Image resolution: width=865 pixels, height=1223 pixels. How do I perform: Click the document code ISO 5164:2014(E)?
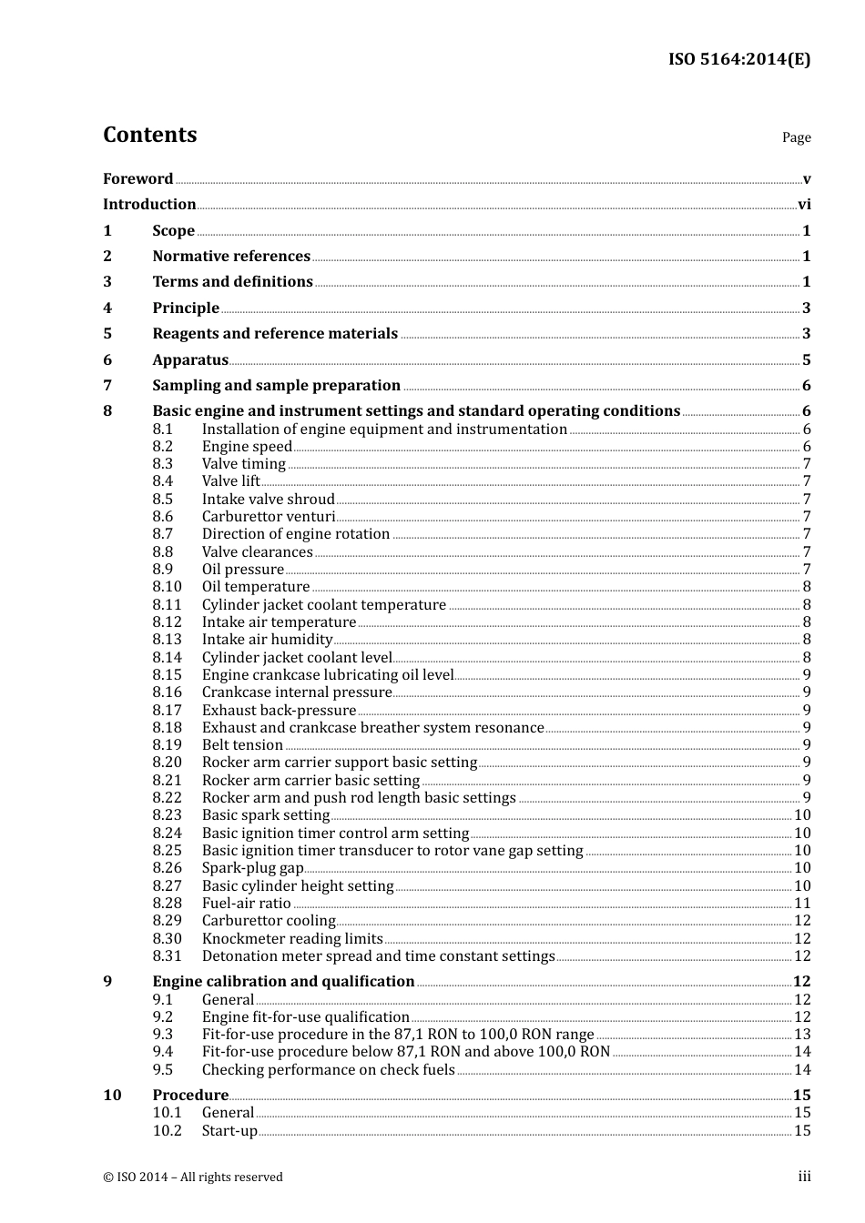pyautogui.click(x=738, y=60)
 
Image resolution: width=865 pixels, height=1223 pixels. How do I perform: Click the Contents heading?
pyautogui.click(x=149, y=135)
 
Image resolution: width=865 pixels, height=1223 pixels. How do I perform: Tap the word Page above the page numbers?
pyautogui.click(x=796, y=137)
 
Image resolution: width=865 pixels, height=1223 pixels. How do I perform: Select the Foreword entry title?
pyautogui.click(x=137, y=179)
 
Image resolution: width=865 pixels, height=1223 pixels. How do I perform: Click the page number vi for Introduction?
pyautogui.click(x=803, y=205)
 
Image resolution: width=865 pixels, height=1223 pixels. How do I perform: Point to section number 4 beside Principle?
pyautogui.click(x=107, y=308)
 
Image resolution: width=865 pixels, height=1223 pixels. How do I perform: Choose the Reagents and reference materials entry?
pyautogui.click(x=275, y=334)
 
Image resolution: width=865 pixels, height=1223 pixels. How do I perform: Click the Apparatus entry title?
pyautogui.click(x=190, y=360)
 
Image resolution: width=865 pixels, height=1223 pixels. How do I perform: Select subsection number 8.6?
pyautogui.click(x=162, y=517)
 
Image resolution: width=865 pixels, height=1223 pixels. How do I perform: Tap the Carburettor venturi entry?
pyautogui.click(x=269, y=517)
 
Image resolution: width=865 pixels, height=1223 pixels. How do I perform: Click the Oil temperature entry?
pyautogui.click(x=256, y=587)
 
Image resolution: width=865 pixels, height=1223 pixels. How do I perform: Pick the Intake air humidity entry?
pyautogui.click(x=267, y=640)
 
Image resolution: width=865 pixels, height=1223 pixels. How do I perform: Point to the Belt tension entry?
pyautogui.click(x=242, y=745)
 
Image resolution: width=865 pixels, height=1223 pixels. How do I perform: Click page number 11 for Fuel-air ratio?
pyautogui.click(x=801, y=904)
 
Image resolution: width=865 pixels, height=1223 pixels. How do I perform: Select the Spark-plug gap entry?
pyautogui.click(x=252, y=868)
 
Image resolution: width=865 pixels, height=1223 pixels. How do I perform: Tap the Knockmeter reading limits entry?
pyautogui.click(x=292, y=939)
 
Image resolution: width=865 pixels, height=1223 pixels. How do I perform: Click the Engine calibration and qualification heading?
pyautogui.click(x=283, y=982)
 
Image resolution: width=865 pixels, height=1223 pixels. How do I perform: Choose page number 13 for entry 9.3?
pyautogui.click(x=801, y=1035)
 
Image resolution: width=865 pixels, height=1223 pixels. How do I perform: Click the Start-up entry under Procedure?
pyautogui.click(x=229, y=1131)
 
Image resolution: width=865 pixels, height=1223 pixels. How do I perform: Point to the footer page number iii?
pyautogui.click(x=804, y=1177)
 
